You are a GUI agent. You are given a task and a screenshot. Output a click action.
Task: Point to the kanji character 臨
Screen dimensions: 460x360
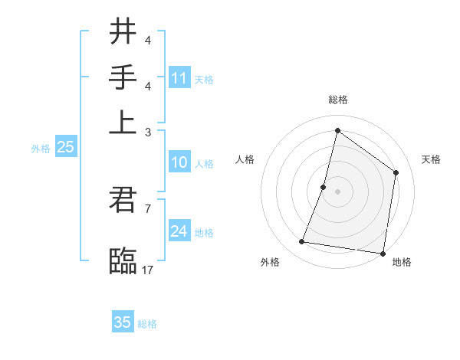pyautogui.click(x=123, y=261)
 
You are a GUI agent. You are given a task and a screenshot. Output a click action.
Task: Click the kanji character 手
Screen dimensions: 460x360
pyautogui.click(x=123, y=77)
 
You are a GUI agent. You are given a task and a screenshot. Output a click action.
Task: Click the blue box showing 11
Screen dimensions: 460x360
pyautogui.click(x=179, y=77)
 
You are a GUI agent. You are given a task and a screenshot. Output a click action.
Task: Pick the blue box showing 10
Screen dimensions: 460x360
pyautogui.click(x=179, y=163)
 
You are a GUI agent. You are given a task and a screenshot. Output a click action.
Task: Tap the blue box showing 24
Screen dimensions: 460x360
pyautogui.click(x=179, y=231)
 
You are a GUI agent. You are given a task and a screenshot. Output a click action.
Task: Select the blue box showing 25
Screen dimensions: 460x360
pyautogui.click(x=65, y=148)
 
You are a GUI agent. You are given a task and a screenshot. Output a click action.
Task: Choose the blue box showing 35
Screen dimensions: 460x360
pyautogui.click(x=123, y=322)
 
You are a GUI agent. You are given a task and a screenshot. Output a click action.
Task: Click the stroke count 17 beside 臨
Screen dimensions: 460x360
pyautogui.click(x=148, y=270)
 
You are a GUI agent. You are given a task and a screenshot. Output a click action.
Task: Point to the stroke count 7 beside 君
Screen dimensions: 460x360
pyautogui.click(x=147, y=208)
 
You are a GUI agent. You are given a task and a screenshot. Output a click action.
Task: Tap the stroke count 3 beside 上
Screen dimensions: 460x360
pyautogui.click(x=147, y=131)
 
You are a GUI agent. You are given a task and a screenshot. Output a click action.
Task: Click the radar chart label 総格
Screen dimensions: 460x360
pyautogui.click(x=337, y=100)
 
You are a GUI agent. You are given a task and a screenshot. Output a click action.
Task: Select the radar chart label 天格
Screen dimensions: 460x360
pyautogui.click(x=431, y=159)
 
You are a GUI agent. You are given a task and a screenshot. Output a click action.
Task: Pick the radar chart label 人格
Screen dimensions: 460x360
pyautogui.click(x=245, y=159)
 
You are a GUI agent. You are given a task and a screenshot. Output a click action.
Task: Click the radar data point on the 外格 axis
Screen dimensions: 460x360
pyautogui.click(x=302, y=242)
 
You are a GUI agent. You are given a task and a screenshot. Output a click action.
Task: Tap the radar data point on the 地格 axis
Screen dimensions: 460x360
pyautogui.click(x=383, y=253)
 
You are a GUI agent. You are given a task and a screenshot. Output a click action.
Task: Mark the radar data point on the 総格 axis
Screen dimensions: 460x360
pyautogui.click(x=337, y=130)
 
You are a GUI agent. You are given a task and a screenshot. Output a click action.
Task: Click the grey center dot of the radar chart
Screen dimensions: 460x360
pyautogui.click(x=337, y=191)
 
